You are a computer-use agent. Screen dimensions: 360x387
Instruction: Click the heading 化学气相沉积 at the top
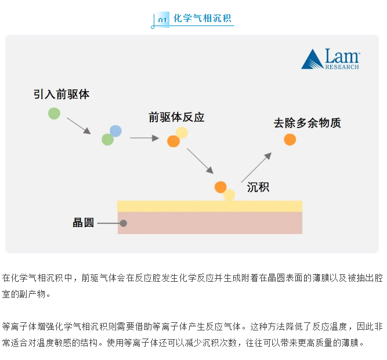click(x=202, y=18)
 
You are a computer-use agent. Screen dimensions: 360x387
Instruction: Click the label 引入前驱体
click(x=62, y=94)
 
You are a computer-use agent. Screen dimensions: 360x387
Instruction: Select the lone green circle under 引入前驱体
click(x=54, y=113)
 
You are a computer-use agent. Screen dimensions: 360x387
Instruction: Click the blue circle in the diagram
click(x=115, y=131)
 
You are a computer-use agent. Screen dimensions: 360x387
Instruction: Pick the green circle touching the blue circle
click(x=107, y=140)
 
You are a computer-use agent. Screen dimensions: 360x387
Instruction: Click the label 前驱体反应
click(x=176, y=117)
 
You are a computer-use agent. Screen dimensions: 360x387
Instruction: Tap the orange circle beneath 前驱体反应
click(x=173, y=141)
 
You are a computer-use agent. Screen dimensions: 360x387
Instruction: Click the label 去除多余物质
click(x=307, y=123)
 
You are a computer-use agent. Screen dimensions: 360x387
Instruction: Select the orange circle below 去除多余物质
click(x=290, y=140)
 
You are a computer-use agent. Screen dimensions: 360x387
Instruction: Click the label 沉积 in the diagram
click(x=258, y=187)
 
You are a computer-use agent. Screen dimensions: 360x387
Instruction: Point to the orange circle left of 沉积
click(x=220, y=187)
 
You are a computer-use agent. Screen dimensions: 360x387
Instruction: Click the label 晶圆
click(x=83, y=223)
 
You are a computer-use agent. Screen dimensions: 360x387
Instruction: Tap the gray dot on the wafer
click(x=123, y=223)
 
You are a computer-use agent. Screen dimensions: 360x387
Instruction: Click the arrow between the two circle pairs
click(x=144, y=138)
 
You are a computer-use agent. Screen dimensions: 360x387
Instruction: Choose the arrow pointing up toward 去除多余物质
click(x=256, y=167)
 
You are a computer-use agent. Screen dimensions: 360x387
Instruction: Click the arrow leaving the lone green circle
click(x=78, y=126)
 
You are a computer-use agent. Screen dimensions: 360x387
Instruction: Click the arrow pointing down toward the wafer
click(x=201, y=161)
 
